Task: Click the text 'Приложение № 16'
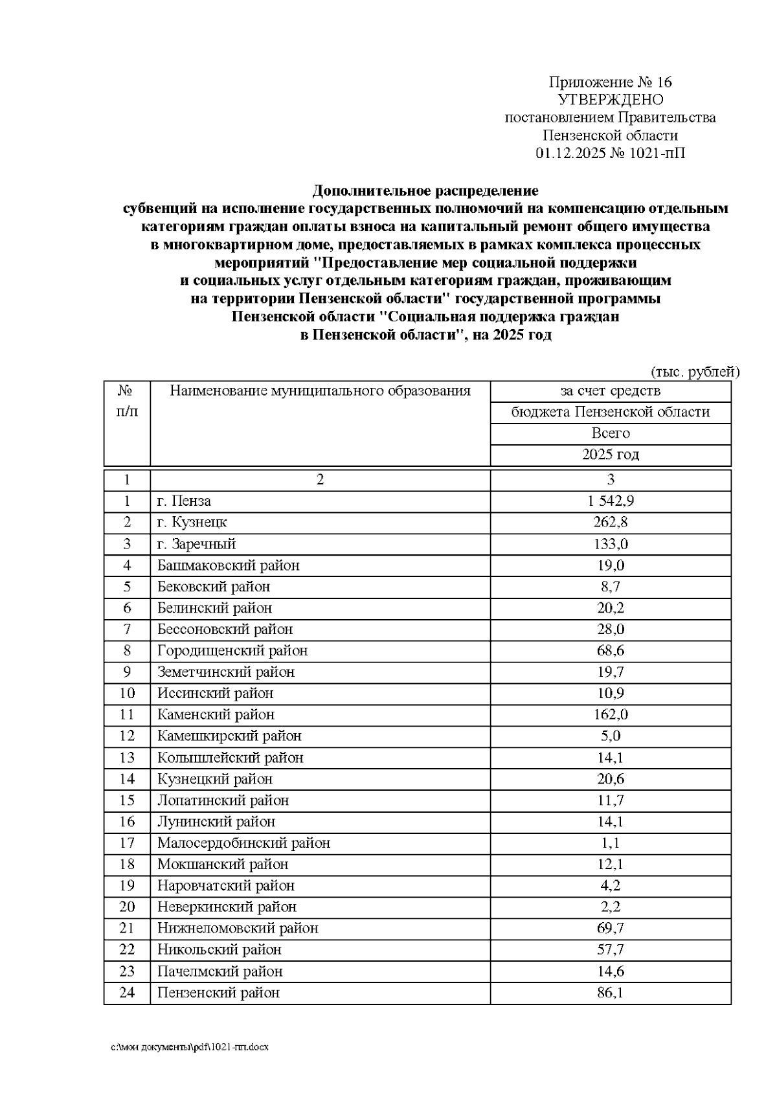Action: (610, 82)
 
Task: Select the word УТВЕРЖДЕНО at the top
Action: (610, 100)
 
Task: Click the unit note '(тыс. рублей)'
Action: (694, 372)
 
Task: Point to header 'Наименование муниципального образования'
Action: (320, 391)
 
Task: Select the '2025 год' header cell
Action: (610, 455)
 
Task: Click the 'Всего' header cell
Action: (610, 433)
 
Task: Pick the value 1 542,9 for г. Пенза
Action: (610, 501)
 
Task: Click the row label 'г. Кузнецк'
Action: (192, 523)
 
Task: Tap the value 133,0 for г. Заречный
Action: (610, 544)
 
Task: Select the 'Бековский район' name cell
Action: (213, 587)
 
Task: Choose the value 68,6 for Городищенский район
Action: (610, 651)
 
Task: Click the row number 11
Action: (127, 715)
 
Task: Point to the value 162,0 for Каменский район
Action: (610, 715)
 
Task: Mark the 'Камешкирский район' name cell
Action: (229, 736)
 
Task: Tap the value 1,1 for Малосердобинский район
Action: (610, 843)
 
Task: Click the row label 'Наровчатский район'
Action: (226, 886)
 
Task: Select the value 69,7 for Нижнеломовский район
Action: (610, 929)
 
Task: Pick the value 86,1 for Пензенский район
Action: (610, 993)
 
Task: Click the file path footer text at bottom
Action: (190, 1047)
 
